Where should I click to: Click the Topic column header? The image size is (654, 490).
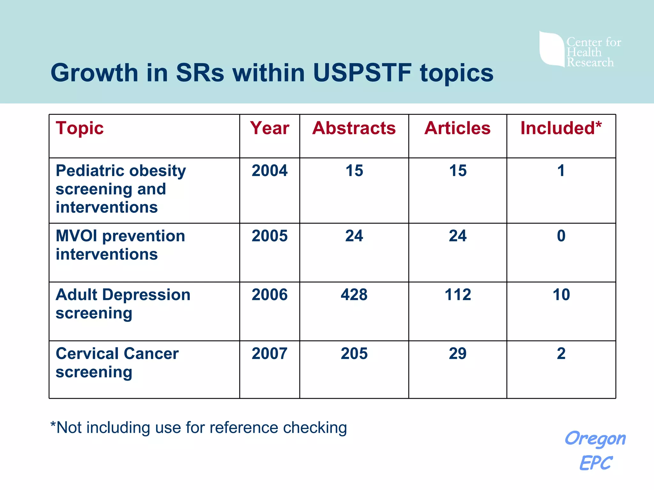80,128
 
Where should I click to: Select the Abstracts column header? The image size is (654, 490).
354,128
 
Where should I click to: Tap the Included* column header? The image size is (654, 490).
561,128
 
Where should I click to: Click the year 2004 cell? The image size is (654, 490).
270,171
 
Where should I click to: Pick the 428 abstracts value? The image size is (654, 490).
354,294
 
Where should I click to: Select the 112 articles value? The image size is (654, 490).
458,294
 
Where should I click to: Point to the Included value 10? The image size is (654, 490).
561,294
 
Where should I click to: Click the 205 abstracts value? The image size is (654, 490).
354,353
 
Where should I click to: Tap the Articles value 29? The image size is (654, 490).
458,353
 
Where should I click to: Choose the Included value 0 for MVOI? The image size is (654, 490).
561,236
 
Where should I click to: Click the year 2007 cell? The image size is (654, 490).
270,353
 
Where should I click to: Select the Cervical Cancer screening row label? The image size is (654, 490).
117,363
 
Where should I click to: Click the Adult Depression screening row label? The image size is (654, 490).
123,304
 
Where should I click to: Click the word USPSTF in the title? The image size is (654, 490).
362,73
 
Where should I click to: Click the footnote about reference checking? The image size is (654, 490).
199,427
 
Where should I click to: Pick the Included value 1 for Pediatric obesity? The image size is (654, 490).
561,171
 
